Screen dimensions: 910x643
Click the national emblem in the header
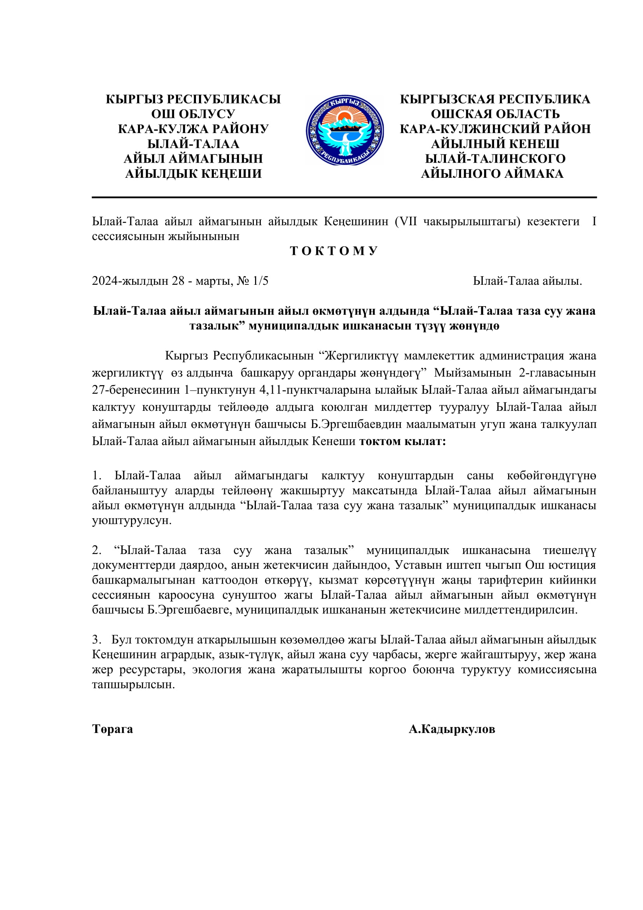pyautogui.click(x=344, y=130)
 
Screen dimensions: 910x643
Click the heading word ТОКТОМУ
pyautogui.click(x=334, y=251)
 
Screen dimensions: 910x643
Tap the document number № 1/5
pyautogui.click(x=253, y=281)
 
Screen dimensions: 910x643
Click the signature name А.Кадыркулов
pyautogui.click(x=452, y=729)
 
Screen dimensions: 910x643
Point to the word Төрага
pyautogui.click(x=112, y=729)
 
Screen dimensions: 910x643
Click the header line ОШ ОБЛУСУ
pyautogui.click(x=193, y=114)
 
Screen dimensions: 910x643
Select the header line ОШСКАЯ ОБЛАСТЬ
pyautogui.click(x=495, y=114)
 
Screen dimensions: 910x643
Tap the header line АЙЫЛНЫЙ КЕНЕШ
pyautogui.click(x=495, y=144)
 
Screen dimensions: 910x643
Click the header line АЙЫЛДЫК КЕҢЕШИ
pyautogui.click(x=193, y=174)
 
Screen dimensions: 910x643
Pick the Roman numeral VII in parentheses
pyautogui.click(x=408, y=221)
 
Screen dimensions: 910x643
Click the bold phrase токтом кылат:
pyautogui.click(x=402, y=441)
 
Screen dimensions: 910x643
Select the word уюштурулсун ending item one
pyautogui.click(x=131, y=520)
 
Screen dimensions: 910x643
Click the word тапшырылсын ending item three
pyautogui.click(x=133, y=684)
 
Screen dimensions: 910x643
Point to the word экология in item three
pyautogui.click(x=217, y=670)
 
